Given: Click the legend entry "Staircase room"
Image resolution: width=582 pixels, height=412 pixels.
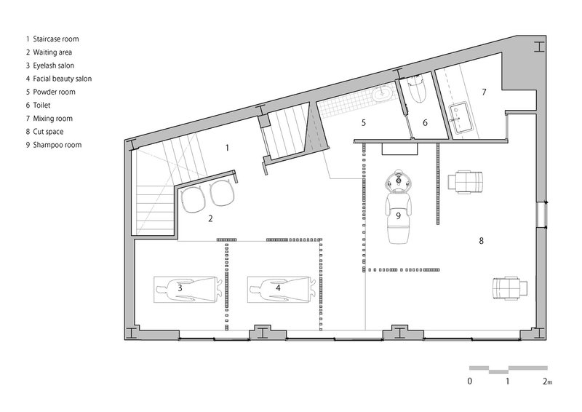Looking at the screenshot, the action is click(x=56, y=39).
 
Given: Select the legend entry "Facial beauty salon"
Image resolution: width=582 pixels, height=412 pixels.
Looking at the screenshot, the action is click(x=63, y=79).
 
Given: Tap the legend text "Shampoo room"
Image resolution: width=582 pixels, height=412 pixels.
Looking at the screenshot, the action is click(x=57, y=145).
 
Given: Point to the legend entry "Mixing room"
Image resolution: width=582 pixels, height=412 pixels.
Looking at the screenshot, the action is click(x=52, y=119).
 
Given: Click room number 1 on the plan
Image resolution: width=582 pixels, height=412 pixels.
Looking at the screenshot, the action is click(x=227, y=148).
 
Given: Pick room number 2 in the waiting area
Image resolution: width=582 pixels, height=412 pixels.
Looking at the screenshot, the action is click(x=210, y=218).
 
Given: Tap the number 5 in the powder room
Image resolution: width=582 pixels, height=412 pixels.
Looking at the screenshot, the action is click(x=364, y=122).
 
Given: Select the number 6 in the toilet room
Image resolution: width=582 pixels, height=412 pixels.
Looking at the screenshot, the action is click(x=426, y=122).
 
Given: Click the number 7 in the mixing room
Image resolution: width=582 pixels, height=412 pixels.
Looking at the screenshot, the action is click(x=484, y=92).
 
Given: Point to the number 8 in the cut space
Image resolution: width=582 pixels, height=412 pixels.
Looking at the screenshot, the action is click(x=482, y=241).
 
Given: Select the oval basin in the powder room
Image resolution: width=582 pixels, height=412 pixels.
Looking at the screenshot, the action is click(x=381, y=93).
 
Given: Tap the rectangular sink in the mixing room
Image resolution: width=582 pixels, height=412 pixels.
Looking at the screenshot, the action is click(x=461, y=117).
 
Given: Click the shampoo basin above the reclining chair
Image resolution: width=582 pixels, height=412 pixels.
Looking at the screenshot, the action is click(x=398, y=181).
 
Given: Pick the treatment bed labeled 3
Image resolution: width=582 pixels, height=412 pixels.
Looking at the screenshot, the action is click(x=186, y=290).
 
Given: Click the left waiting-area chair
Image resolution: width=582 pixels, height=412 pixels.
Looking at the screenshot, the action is click(x=193, y=199).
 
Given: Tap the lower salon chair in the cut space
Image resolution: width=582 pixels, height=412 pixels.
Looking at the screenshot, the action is click(x=510, y=288).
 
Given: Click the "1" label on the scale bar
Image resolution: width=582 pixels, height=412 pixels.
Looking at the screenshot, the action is click(x=507, y=381).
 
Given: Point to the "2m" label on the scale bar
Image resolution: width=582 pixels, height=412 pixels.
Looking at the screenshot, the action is click(x=548, y=381).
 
